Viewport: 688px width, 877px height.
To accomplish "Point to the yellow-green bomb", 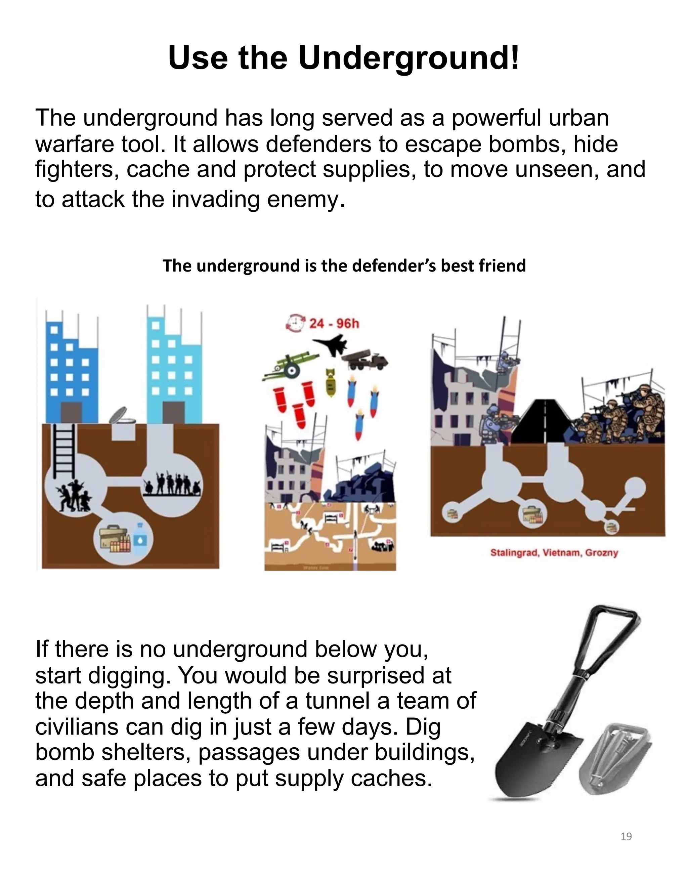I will point(330,382).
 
